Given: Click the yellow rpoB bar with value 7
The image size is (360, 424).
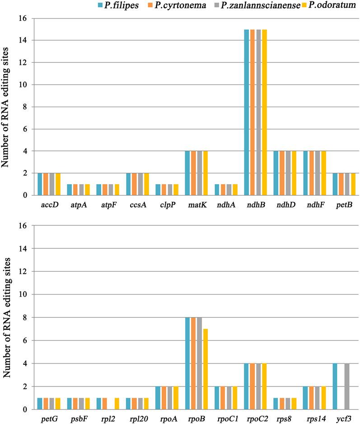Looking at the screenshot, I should [x=206, y=369].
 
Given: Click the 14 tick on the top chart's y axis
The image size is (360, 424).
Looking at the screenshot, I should [x=24, y=40].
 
